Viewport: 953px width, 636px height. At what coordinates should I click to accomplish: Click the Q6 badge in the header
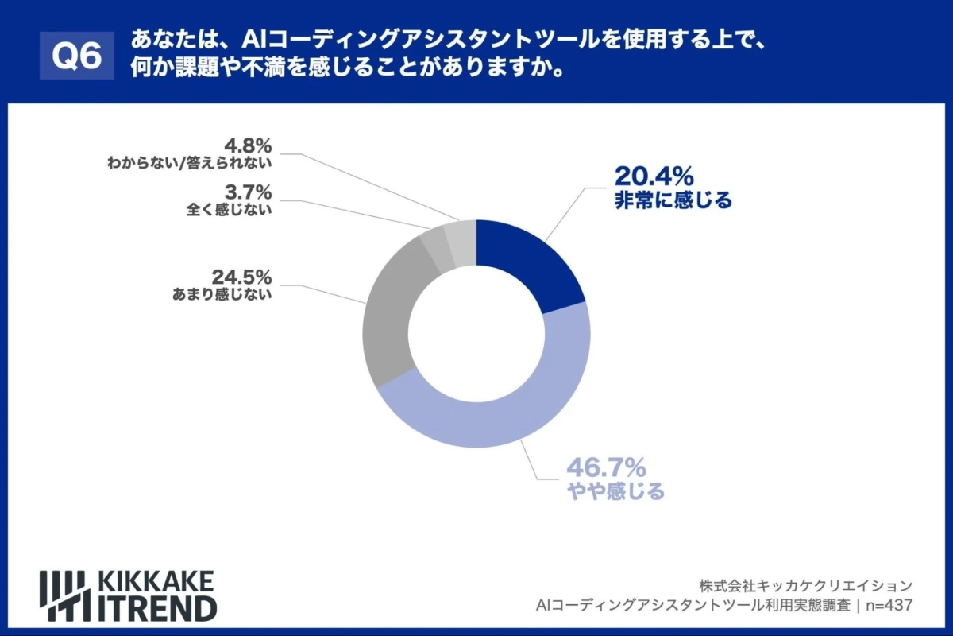(76, 55)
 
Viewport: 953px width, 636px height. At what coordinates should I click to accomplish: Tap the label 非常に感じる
(673, 200)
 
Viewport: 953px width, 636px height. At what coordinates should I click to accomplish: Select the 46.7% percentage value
(605, 466)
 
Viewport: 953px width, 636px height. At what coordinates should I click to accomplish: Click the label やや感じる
(615, 492)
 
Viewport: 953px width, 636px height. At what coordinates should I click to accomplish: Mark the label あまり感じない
(222, 294)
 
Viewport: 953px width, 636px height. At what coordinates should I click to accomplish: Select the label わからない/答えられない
(190, 164)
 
